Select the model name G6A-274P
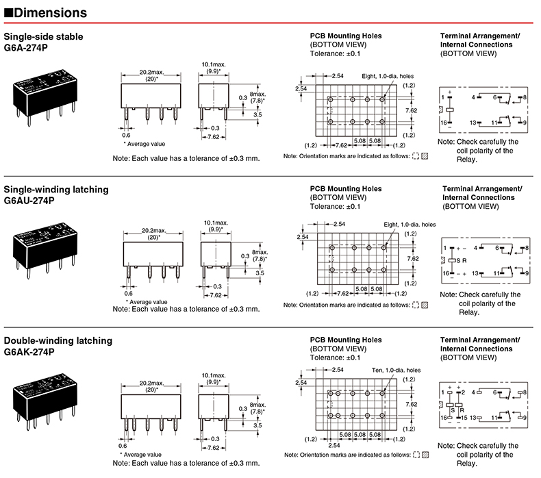point(27,50)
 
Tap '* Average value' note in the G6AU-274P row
point(147,301)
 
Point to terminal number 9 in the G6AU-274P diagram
point(525,273)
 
